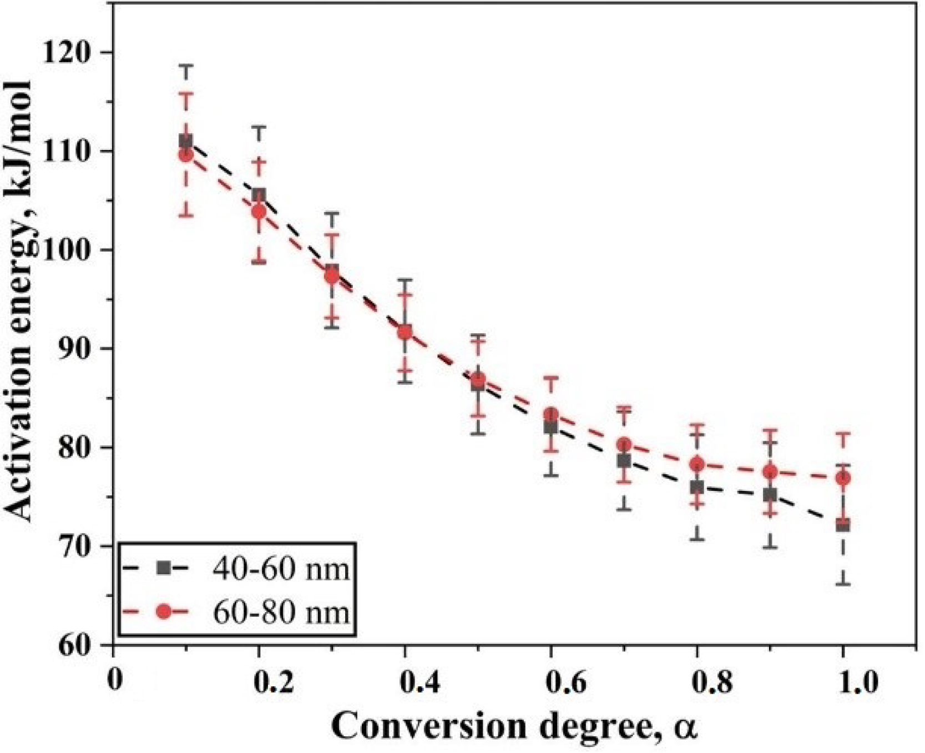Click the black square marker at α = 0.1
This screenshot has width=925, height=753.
tap(186, 142)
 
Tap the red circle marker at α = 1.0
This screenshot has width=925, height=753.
tap(843, 478)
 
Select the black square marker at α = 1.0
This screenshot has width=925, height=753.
tap(843, 525)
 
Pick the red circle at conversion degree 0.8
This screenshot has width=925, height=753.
tap(697, 464)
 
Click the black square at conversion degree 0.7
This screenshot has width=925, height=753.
tap(624, 460)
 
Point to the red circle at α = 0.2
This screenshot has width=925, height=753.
tap(259, 212)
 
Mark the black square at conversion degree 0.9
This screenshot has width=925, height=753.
tap(770, 494)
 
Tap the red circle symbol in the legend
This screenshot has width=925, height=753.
tap(164, 612)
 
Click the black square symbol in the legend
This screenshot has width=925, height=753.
tap(164, 568)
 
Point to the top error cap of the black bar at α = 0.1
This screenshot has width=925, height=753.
tap(186, 66)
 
